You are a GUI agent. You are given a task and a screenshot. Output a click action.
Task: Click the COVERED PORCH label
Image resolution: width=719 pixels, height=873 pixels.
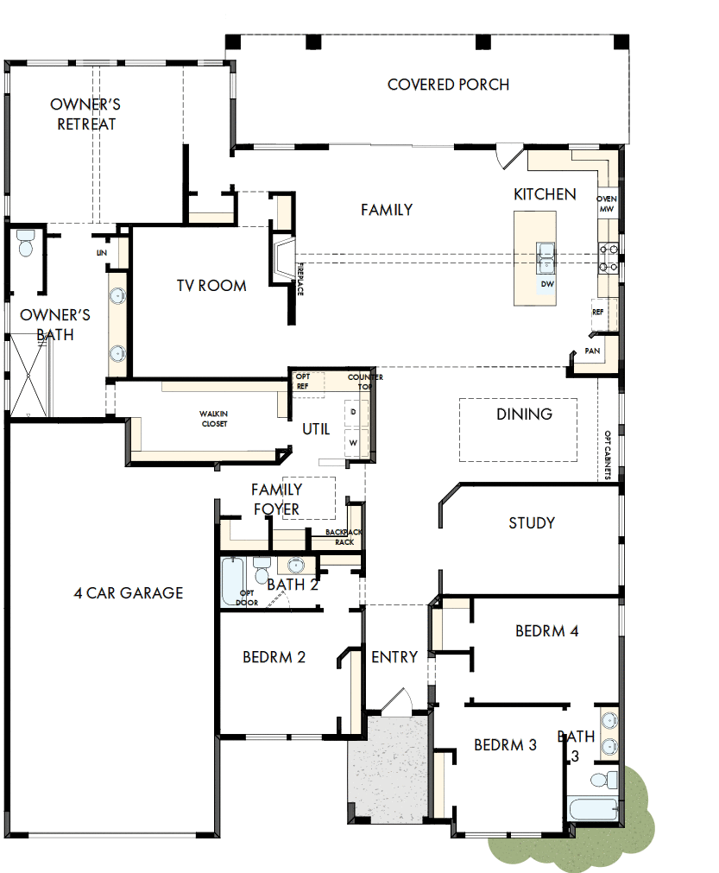448,85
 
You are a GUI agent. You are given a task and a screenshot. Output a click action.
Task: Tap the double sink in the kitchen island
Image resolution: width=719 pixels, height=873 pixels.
546,253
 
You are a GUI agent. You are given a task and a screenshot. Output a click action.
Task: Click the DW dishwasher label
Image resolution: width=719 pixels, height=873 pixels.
546,283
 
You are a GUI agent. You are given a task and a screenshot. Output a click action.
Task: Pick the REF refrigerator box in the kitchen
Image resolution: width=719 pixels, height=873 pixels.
598,313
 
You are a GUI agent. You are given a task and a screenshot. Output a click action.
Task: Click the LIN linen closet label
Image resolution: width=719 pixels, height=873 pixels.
101,253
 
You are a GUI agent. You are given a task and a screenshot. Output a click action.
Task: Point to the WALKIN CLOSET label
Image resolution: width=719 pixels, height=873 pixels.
214,420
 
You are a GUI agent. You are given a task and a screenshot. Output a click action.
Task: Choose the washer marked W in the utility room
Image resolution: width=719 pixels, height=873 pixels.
354,442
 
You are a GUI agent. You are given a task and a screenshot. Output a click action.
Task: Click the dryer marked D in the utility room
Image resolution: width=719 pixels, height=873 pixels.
354,412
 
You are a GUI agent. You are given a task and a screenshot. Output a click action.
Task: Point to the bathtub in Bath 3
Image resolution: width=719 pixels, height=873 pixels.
592,810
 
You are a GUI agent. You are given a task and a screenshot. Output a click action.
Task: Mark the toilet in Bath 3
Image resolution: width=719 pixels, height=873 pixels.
609,780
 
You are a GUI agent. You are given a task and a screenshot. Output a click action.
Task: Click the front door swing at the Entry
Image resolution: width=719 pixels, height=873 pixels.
397,702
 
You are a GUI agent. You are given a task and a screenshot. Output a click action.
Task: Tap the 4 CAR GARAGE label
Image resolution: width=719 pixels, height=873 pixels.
128,593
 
